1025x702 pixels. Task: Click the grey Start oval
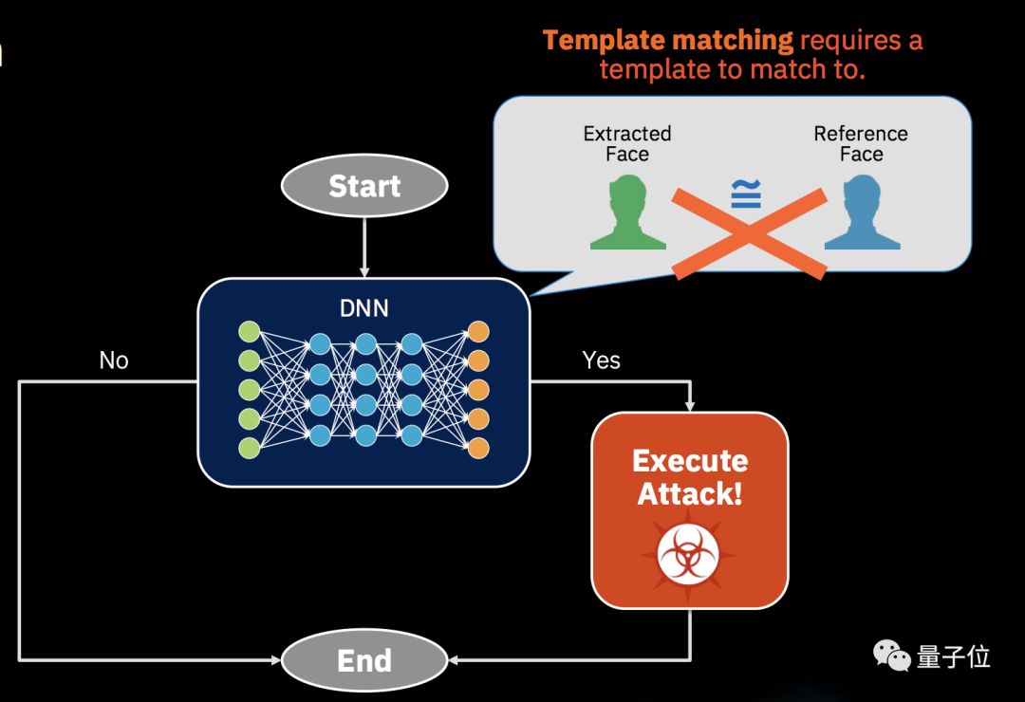coord(364,186)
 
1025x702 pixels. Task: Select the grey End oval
coord(364,659)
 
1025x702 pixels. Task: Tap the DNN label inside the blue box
coord(364,308)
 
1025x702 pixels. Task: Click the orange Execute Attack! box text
coord(690,477)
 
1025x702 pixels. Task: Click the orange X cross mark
coord(749,233)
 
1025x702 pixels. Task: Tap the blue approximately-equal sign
coord(746,194)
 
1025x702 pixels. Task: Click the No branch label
coord(114,360)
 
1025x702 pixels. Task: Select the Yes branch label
coord(601,360)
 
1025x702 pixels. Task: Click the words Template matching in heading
coord(668,41)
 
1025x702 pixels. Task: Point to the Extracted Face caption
coord(627,144)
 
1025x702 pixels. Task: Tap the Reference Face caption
coord(861,144)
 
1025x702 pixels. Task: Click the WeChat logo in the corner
coord(891,655)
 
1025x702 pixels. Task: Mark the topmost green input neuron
coord(249,331)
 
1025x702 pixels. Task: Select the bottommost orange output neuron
coord(478,448)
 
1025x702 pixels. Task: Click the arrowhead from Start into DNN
coord(364,271)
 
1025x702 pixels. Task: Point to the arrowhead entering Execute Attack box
coord(690,406)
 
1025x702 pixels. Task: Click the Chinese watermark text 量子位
coord(954,656)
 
